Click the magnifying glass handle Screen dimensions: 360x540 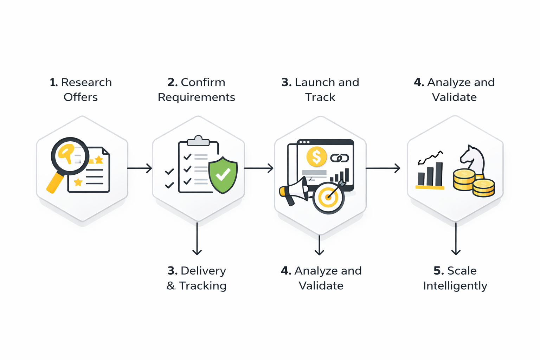coord(55,182)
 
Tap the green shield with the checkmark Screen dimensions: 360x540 coord(223,175)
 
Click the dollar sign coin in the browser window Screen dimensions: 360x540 coord(316,156)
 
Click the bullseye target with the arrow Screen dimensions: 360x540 coord(328,197)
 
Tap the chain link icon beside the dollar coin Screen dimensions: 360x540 coord(340,158)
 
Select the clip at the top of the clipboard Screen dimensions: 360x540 coord(198,141)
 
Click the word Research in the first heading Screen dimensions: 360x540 coord(86,82)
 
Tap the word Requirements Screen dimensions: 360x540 coord(196,97)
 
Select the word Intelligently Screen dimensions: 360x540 coord(455,286)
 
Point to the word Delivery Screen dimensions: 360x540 coord(203,271)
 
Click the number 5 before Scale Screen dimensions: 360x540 coord(438,271)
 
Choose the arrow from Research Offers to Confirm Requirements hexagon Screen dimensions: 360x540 coord(140,168)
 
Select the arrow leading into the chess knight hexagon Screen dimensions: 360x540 coord(382,168)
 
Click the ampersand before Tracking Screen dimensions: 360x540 coord(171,286)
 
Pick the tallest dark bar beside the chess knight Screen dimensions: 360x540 coord(439,174)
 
